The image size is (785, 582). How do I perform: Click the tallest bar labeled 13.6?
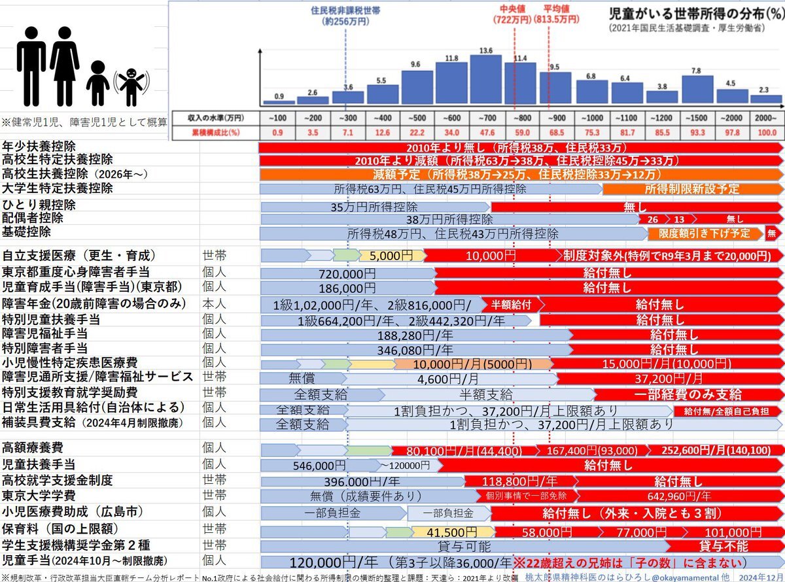[485, 78]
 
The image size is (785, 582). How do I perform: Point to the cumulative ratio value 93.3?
[697, 133]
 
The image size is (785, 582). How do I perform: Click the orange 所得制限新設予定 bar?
[691, 189]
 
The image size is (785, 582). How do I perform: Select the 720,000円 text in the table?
[347, 272]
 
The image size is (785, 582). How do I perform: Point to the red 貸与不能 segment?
[723, 545]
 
